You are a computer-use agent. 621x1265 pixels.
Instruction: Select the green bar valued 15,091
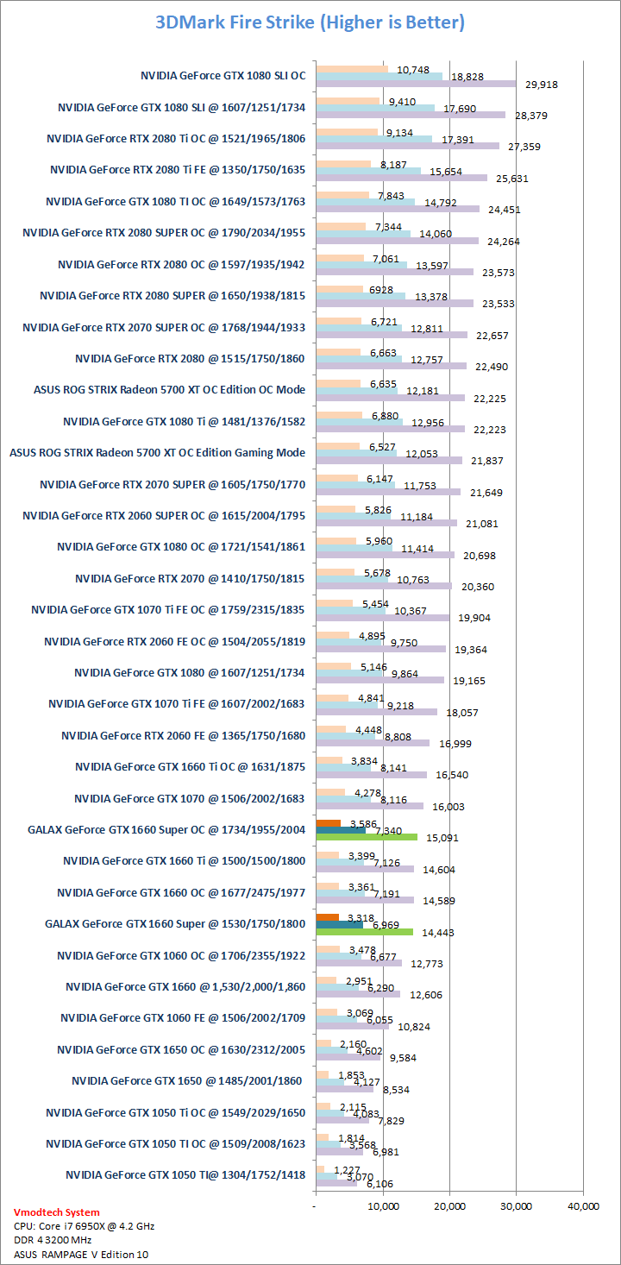point(367,836)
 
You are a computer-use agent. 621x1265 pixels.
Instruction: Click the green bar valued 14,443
point(364,931)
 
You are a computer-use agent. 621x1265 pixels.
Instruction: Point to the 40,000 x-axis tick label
point(583,1205)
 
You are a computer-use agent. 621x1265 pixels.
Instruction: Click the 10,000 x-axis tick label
point(382,1205)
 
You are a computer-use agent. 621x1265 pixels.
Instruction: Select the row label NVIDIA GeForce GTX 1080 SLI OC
point(223,76)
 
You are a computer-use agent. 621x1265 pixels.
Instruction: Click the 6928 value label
point(380,288)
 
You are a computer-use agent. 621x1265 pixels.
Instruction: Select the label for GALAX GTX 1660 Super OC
point(166,829)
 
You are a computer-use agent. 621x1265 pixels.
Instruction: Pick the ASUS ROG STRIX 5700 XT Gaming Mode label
point(157,452)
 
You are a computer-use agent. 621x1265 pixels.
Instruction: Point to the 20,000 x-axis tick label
point(449,1205)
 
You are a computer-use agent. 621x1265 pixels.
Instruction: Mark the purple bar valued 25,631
point(401,178)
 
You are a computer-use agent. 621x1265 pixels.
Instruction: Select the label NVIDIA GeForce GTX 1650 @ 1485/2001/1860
point(188,1080)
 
